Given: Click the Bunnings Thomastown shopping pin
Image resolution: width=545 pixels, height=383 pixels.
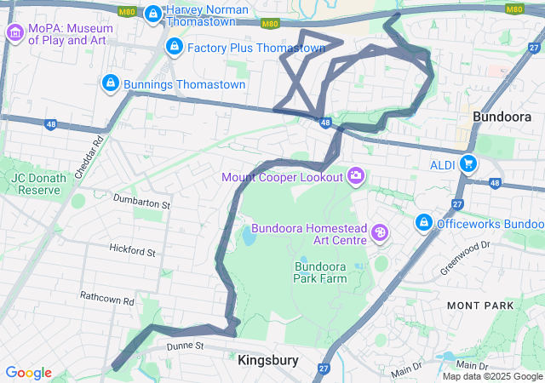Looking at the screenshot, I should [110, 83].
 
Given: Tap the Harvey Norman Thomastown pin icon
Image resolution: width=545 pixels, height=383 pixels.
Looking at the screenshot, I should [153, 14].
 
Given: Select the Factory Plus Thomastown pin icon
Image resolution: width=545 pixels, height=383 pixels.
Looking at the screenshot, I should [174, 46].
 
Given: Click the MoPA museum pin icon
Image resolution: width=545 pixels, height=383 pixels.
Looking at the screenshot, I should [14, 33].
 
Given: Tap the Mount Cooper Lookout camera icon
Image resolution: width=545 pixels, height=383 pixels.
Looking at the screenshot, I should [355, 176].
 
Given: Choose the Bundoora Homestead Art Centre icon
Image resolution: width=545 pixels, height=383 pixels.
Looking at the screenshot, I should [379, 232].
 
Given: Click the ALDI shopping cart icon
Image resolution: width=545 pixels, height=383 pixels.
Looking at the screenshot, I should [467, 163].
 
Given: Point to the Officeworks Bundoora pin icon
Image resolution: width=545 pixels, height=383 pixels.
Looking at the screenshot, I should [422, 223].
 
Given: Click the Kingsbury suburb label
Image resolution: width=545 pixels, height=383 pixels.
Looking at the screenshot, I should [268, 360].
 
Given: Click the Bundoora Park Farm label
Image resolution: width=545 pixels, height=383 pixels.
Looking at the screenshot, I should [325, 272].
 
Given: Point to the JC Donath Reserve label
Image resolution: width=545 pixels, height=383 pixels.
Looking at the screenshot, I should [36, 183].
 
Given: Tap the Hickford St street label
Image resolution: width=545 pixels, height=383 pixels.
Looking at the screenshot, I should [132, 251].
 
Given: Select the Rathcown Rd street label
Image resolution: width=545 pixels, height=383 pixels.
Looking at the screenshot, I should [107, 300].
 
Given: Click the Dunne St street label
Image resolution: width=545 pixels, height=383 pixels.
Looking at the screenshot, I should [186, 346].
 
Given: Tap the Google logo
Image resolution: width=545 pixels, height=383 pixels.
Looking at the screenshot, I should [28, 373].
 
